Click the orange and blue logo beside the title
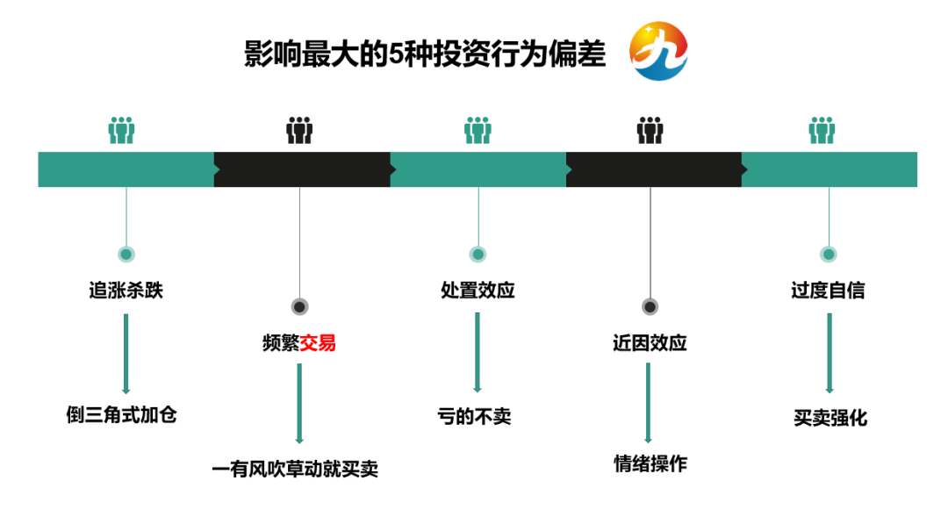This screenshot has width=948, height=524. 658,52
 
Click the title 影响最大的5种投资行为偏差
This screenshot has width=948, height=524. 425,54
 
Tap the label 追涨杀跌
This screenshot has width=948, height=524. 126,291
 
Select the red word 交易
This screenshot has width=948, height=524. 318,343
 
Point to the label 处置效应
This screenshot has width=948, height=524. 478,291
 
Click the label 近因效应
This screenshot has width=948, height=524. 650,343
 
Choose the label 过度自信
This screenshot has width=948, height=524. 828,291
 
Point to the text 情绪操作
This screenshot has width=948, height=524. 650,464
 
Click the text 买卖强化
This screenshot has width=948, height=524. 829,418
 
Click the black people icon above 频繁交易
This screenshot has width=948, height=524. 299,131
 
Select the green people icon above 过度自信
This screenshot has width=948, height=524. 822,131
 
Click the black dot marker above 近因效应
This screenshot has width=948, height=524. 650,307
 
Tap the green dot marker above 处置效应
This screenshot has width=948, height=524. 478,255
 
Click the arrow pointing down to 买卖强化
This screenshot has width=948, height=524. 829,353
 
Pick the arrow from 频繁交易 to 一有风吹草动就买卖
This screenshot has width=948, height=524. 299,404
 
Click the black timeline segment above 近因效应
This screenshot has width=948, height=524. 653,169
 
